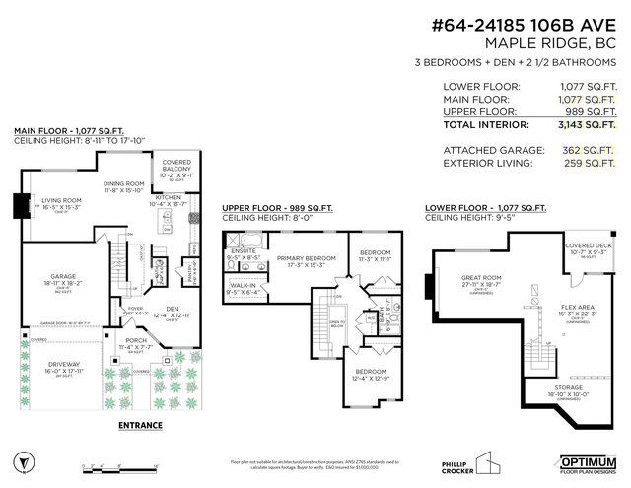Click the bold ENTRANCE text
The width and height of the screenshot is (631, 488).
pos(140,425)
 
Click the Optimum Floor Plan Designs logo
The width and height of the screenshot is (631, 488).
pos(589,462)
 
